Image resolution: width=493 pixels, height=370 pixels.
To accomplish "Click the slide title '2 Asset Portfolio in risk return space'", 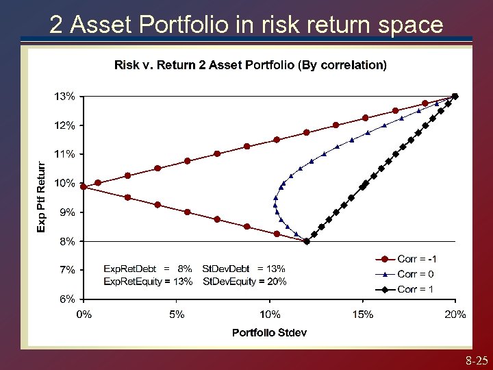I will pos(246,25).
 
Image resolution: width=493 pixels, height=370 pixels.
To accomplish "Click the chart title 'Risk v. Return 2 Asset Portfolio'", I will pos(250,65).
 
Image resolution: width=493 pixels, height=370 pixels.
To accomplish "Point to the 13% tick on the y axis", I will pos(65,97).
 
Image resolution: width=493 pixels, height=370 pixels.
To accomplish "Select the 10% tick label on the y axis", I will pos(65,183).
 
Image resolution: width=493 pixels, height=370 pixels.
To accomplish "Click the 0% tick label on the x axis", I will pos(84,314).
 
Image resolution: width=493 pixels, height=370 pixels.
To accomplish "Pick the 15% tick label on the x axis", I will pos(363,314).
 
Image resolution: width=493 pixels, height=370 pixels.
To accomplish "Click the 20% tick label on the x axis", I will pos(455,314).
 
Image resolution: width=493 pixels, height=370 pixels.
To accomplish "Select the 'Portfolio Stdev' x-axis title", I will pos(269,332).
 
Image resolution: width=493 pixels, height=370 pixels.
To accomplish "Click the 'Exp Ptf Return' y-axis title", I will pos(42,197).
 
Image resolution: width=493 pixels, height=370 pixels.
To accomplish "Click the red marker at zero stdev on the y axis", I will pos(84,186).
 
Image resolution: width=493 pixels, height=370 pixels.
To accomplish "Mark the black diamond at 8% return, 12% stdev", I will pos(307,241).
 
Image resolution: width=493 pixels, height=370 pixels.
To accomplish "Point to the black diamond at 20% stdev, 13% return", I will pos(455,97).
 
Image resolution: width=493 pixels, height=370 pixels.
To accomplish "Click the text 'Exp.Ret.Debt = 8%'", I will pos(147,269).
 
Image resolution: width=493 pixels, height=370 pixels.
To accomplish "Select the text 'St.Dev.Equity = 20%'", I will pos(245,282).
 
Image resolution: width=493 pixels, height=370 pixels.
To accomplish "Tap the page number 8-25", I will pos(476,360).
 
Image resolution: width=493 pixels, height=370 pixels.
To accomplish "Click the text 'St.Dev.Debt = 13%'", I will pos(244,269).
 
